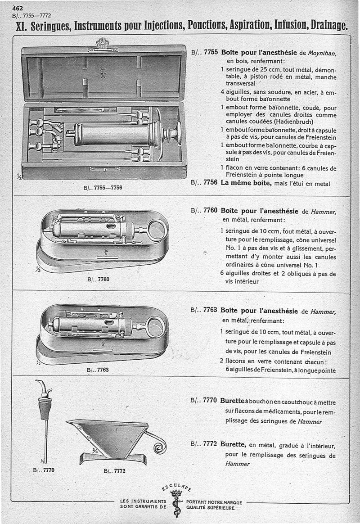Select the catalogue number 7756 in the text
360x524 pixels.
coord(211,183)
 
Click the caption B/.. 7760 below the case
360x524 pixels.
coord(98,279)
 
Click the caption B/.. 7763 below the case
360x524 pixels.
coord(98,370)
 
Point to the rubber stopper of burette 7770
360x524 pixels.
coord(45,408)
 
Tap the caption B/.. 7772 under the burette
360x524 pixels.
coord(114,471)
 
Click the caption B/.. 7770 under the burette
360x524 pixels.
coord(44,470)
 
